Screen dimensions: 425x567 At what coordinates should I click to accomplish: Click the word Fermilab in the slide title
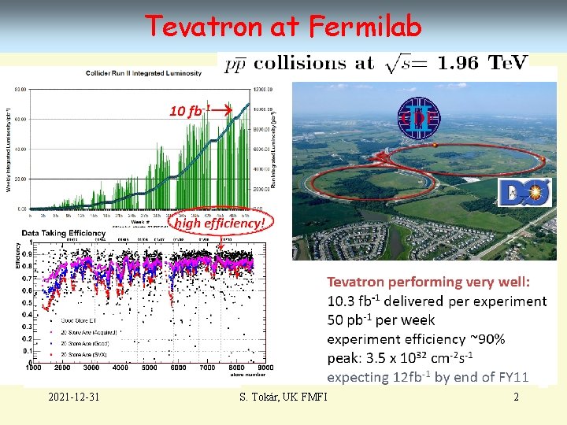click(x=365, y=27)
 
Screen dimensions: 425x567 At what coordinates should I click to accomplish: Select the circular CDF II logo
click(x=417, y=119)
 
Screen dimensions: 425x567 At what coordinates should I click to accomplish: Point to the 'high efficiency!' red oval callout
click(x=219, y=224)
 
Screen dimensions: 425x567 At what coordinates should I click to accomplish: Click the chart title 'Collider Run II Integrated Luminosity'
click(x=143, y=73)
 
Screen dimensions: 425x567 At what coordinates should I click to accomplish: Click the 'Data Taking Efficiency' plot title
click(x=64, y=234)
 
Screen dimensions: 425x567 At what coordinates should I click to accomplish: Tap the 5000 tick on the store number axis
click(x=149, y=368)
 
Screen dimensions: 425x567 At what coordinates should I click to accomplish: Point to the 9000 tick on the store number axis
click(x=265, y=368)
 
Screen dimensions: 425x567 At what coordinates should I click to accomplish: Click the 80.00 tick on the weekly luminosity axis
click(x=18, y=88)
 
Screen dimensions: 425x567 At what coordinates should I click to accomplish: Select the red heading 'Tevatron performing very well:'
click(x=428, y=282)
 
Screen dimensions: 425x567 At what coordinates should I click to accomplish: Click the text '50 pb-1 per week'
click(x=381, y=320)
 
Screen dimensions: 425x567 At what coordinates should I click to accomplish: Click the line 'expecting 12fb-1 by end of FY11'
click(x=428, y=377)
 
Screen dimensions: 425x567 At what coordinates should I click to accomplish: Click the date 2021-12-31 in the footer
click(x=72, y=397)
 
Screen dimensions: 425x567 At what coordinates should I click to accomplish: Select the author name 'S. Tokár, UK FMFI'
click(x=283, y=397)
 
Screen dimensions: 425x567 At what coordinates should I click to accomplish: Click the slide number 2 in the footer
click(x=516, y=397)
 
